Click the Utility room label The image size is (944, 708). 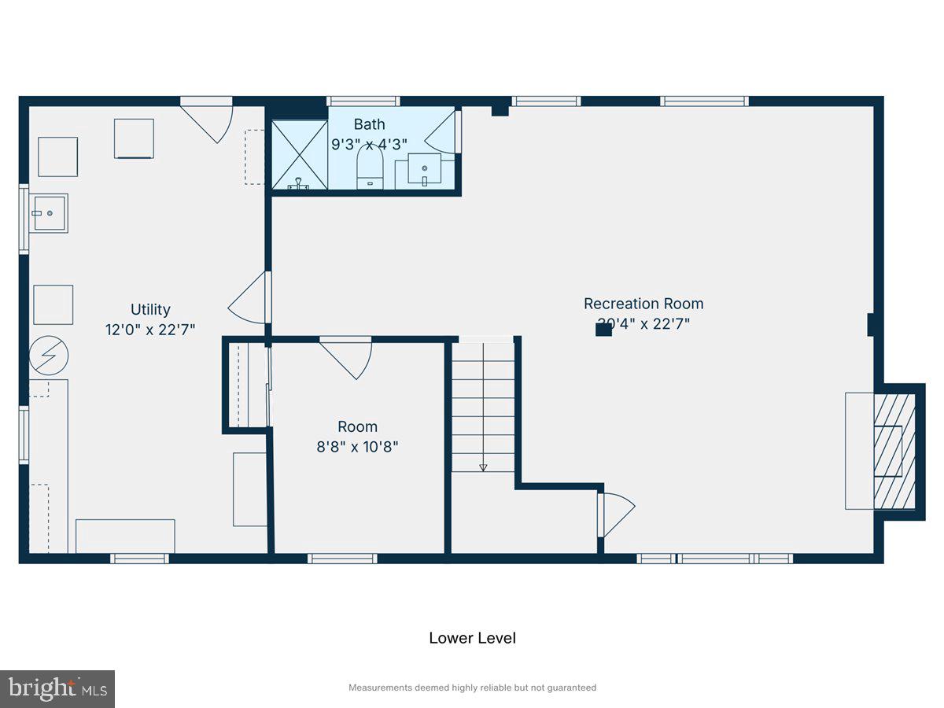pos(150,310)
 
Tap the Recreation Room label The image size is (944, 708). pos(643,304)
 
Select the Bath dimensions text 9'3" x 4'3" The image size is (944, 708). pos(369,145)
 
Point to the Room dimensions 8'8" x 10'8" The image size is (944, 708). pos(357,447)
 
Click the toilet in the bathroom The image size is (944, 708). pos(370,168)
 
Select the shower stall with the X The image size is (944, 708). pos(299,154)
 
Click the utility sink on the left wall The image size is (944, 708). pos(49,212)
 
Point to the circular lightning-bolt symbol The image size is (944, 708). pos(49,357)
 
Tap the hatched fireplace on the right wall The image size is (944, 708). pos(895,452)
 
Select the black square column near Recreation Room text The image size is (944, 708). pos(603,330)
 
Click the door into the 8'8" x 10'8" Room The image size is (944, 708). pos(346,356)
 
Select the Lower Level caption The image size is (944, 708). pos(472,638)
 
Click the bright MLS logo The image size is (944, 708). pos(57,689)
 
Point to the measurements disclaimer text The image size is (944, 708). pos(472,688)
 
